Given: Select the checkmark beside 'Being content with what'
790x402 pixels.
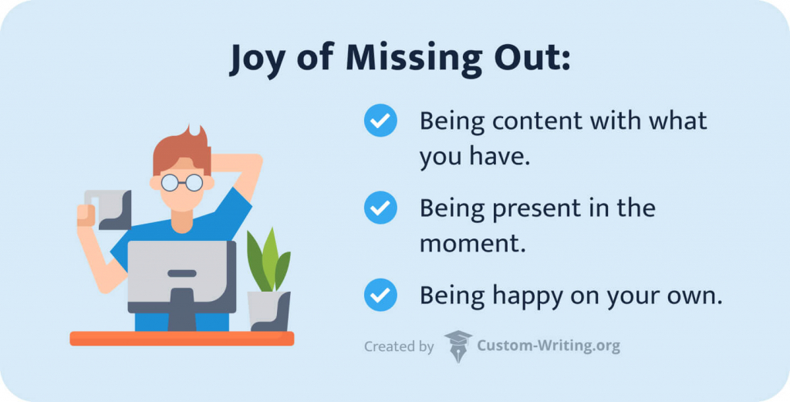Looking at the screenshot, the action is [380, 120].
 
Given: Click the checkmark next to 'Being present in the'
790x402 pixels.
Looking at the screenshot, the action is [380, 208].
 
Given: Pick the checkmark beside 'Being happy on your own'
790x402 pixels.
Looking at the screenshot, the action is [380, 295].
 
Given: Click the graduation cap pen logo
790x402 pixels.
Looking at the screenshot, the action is [458, 346].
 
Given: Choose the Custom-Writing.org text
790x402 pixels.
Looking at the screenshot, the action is [549, 346].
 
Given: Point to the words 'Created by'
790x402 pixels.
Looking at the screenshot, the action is [399, 346].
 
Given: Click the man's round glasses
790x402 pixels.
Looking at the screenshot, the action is [182, 182].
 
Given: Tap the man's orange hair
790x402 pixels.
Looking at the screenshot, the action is [182, 150].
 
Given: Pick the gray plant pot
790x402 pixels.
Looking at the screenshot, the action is [268, 311].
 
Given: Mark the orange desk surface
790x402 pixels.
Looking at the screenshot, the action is [182, 339].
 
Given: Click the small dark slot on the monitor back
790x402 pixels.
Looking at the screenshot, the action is [182, 273].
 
